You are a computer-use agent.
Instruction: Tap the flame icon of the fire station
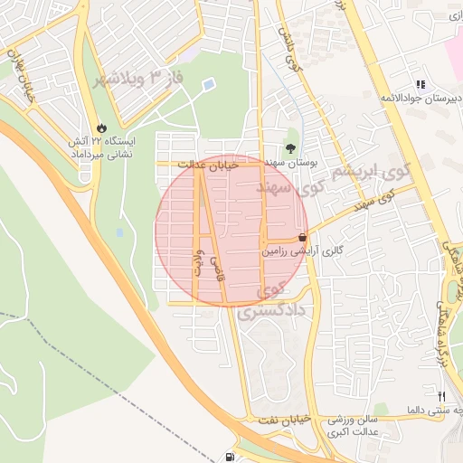[x=99, y=128]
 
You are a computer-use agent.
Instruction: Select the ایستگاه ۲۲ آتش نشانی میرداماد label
[x=102, y=148]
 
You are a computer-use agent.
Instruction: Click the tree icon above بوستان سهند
[x=291, y=148]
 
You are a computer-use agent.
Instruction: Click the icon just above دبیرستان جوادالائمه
[x=419, y=83]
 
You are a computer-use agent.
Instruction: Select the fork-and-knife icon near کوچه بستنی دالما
[x=441, y=396]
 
